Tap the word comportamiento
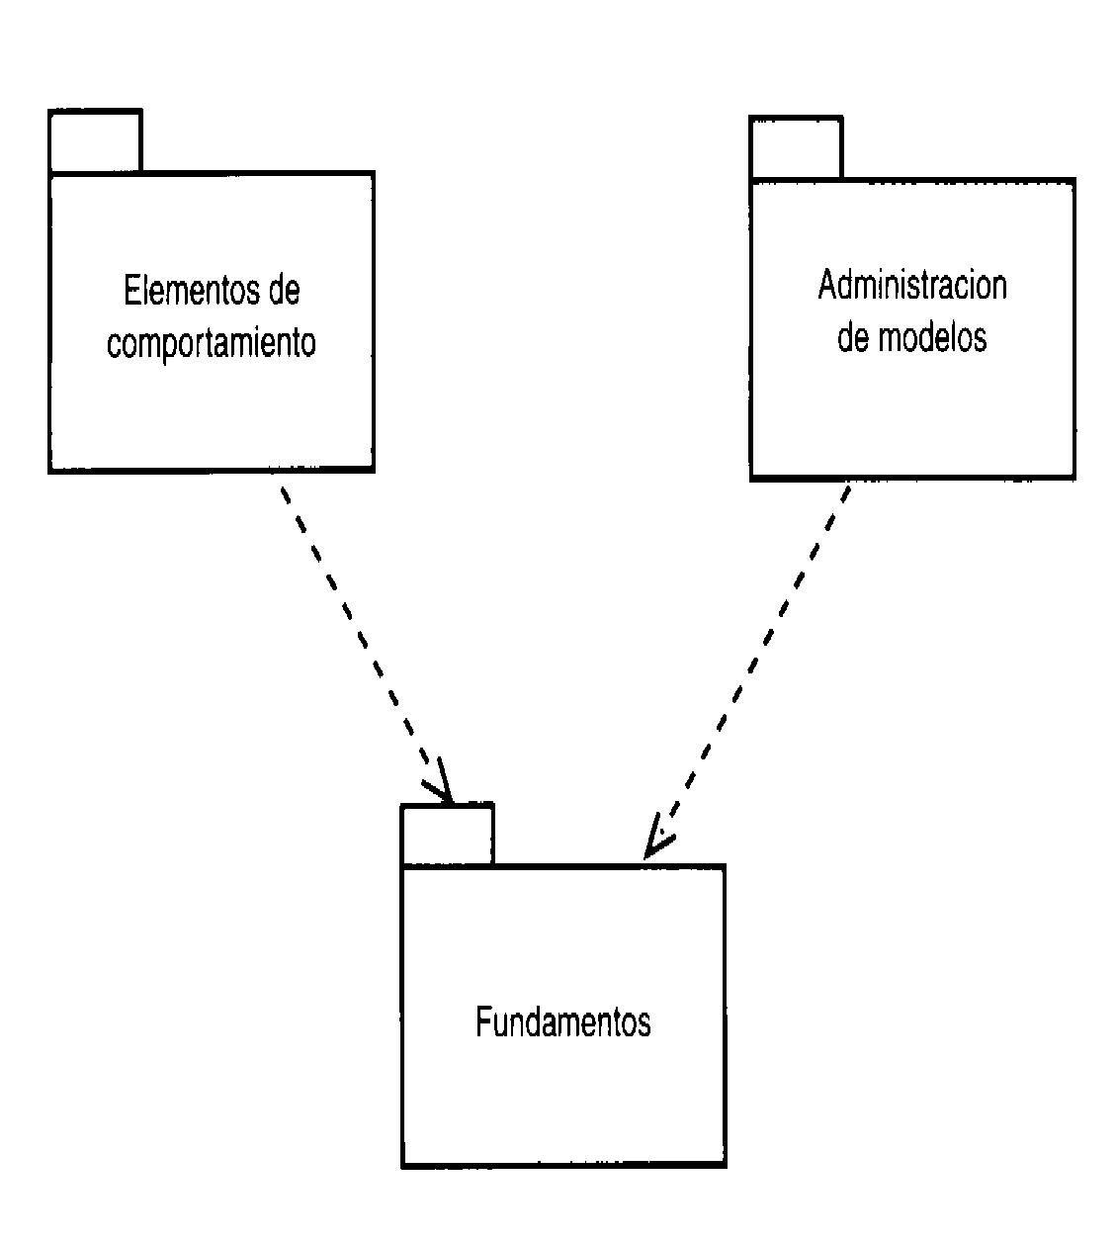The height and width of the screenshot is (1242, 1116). [x=212, y=343]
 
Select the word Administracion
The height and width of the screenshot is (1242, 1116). [x=911, y=286]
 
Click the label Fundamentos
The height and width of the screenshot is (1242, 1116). [x=562, y=1022]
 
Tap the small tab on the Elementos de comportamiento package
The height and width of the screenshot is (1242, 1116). [x=95, y=141]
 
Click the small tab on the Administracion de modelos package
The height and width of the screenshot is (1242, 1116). [x=796, y=148]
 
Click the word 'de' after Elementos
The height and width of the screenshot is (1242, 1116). [x=282, y=291]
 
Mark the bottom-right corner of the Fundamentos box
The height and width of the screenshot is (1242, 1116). [x=725, y=1165]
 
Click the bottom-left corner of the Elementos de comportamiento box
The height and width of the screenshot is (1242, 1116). [x=50, y=471]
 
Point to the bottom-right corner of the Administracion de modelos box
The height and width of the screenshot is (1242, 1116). [x=1073, y=478]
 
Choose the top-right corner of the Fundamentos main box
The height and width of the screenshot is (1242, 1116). [x=725, y=866]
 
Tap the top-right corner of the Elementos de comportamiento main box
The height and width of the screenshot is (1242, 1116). [x=373, y=173]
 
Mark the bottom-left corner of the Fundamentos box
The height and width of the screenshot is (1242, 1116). [x=403, y=1165]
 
